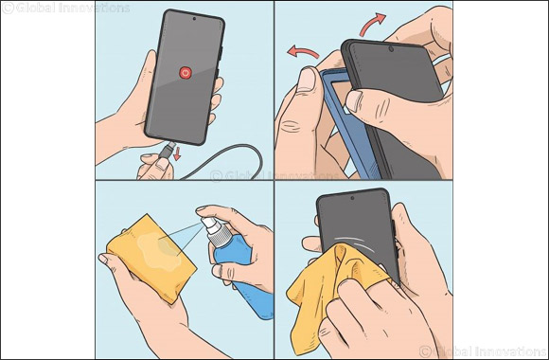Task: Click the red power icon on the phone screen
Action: tap(186, 72)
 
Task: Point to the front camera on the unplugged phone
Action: tap(193, 18)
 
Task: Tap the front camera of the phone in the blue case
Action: tap(390, 47)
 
